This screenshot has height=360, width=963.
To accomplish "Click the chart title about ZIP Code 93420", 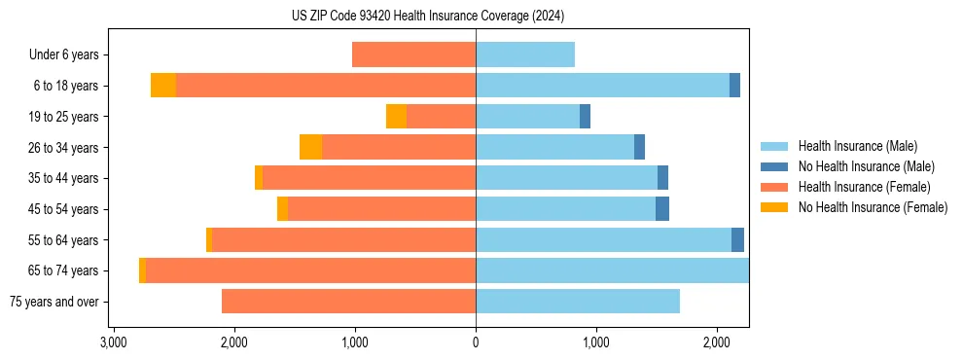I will pos(428,17).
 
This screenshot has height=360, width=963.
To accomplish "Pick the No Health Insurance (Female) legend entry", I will pos(873,207).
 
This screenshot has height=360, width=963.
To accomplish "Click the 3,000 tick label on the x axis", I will pos(113,342).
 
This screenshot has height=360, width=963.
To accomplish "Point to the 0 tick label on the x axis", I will pos(476,342).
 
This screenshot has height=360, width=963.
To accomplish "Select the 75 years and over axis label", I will pos(53,302).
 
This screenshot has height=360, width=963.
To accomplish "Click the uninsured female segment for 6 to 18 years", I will pos(163,86).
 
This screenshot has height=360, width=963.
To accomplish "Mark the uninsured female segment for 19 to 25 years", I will pos(396,117).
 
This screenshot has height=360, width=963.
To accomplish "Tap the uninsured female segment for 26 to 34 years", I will pos(310,147).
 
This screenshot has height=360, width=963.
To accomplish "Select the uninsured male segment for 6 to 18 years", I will pos(734,86).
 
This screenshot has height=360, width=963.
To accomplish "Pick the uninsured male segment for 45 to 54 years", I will pos(662,209).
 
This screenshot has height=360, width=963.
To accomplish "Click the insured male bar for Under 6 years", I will pos(525,54).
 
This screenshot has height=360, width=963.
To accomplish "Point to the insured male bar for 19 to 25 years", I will pos(527,117).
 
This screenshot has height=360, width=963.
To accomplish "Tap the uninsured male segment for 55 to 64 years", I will pos(737,240).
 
